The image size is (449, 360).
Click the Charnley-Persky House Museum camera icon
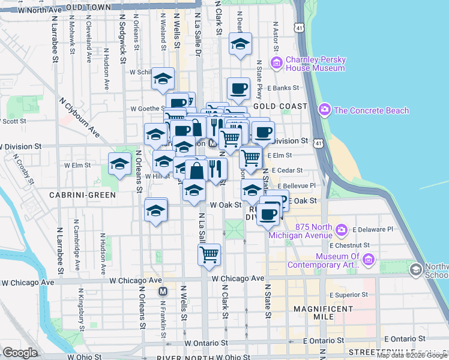coord(277,62)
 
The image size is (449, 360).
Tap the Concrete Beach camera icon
coord(325,110)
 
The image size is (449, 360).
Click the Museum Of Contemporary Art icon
coord(369,260)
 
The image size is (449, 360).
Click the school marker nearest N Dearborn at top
coord(240,44)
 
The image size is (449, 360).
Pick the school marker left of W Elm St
coord(119,164)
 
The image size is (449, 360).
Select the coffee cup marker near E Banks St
coord(238,88)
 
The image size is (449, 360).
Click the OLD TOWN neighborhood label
coord(89,7)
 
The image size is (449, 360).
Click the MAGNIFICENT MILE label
coord(324,308)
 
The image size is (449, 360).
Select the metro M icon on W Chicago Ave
coord(162,292)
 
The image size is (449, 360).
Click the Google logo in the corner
coord(20,353)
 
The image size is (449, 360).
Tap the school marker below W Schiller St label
coord(162,79)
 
